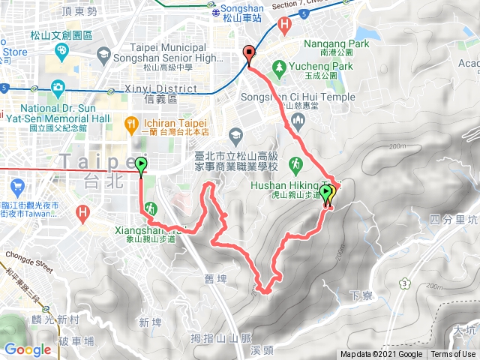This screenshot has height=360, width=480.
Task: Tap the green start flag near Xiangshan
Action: pyautogui.click(x=141, y=165)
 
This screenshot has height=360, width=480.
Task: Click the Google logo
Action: pyautogui.click(x=28, y=349)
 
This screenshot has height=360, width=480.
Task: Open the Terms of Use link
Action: pyautogui.click(x=452, y=355)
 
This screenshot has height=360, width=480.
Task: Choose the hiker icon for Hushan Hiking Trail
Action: pyautogui.click(x=298, y=164)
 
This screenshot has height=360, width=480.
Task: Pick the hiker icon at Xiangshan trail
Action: pyautogui.click(x=150, y=208)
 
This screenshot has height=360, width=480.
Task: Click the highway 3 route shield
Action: pyautogui.click(x=404, y=283)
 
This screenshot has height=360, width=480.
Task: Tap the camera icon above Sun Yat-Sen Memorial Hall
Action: pyautogui.click(x=57, y=87)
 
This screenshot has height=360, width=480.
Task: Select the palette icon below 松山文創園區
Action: pyautogui.click(x=61, y=49)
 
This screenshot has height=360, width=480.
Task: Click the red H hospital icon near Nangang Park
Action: pyautogui.click(x=284, y=24)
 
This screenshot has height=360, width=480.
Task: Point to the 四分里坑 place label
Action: pyautogui.click(x=454, y=220)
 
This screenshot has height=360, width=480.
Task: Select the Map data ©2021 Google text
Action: pyautogui.click(x=380, y=355)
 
